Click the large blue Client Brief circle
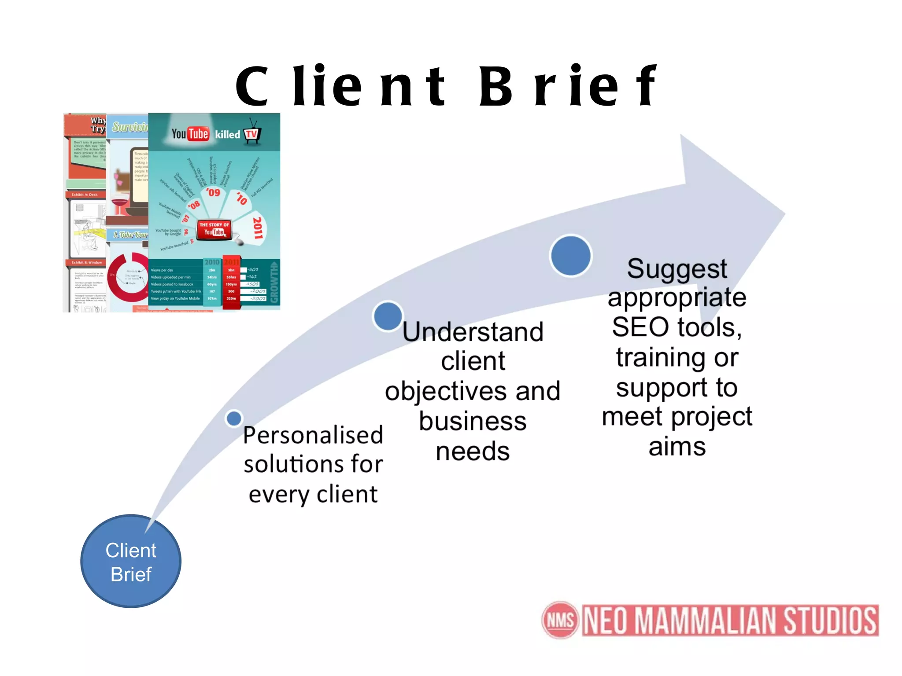click(x=131, y=562)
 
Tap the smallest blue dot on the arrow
click(x=234, y=418)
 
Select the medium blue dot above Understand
click(x=388, y=316)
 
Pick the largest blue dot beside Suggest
click(x=571, y=256)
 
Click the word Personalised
click(x=313, y=436)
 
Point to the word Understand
click(x=473, y=332)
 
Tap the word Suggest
click(x=677, y=269)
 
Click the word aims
click(x=677, y=447)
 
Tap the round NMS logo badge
click(x=560, y=620)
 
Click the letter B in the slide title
click(x=495, y=87)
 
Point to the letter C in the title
click(x=252, y=87)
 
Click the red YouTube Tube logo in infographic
click(x=198, y=134)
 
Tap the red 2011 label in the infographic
click(x=258, y=228)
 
